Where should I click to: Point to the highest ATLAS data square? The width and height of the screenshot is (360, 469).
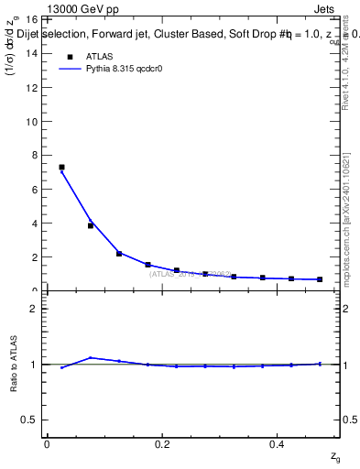click(x=61, y=168)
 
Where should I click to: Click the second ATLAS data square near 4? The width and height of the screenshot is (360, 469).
click(x=91, y=225)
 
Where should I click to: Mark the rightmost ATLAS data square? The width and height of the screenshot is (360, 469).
click(x=320, y=279)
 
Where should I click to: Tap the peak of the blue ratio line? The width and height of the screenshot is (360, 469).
click(x=91, y=357)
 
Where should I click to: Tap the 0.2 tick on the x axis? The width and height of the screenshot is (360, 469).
click(x=162, y=444)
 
